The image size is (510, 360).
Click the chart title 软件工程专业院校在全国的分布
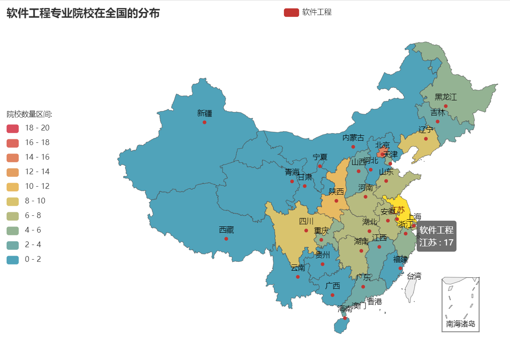pos(83,13)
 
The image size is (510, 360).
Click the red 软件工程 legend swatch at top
pos(291,12)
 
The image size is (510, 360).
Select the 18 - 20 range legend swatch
pos(13,128)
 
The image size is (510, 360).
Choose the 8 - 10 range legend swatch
pos(13,201)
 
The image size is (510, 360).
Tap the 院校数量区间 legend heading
pos(30,115)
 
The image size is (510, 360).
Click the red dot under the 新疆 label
pos(204,122)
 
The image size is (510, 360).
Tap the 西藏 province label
pos(226,230)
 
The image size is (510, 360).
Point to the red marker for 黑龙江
pos(445,106)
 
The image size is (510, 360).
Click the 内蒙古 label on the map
pos(353,138)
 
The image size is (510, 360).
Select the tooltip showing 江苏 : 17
pos(436,237)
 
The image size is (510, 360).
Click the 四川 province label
pos(306,221)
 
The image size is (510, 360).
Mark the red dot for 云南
pos(298,277)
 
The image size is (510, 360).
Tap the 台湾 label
pos(414,276)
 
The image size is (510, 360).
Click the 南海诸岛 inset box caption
pos(460,324)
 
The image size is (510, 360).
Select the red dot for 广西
pos(332,295)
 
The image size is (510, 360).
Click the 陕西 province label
pos(336,192)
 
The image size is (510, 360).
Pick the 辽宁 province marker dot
pos(426,139)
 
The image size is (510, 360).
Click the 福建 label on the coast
pos(400,259)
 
